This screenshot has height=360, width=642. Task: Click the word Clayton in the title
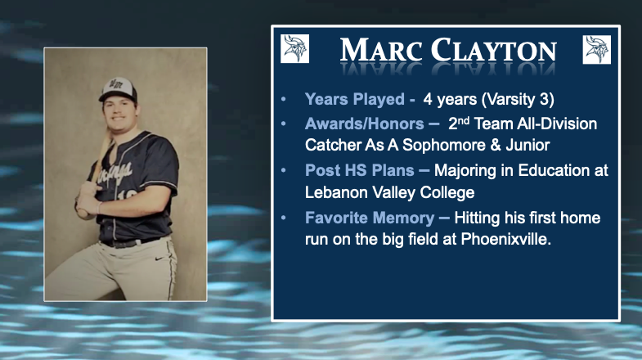click(489, 50)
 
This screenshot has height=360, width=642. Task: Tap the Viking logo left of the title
click(294, 49)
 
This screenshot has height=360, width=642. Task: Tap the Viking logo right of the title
click(596, 49)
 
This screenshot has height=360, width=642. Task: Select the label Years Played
click(354, 100)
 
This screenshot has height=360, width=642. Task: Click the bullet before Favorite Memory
click(284, 218)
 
